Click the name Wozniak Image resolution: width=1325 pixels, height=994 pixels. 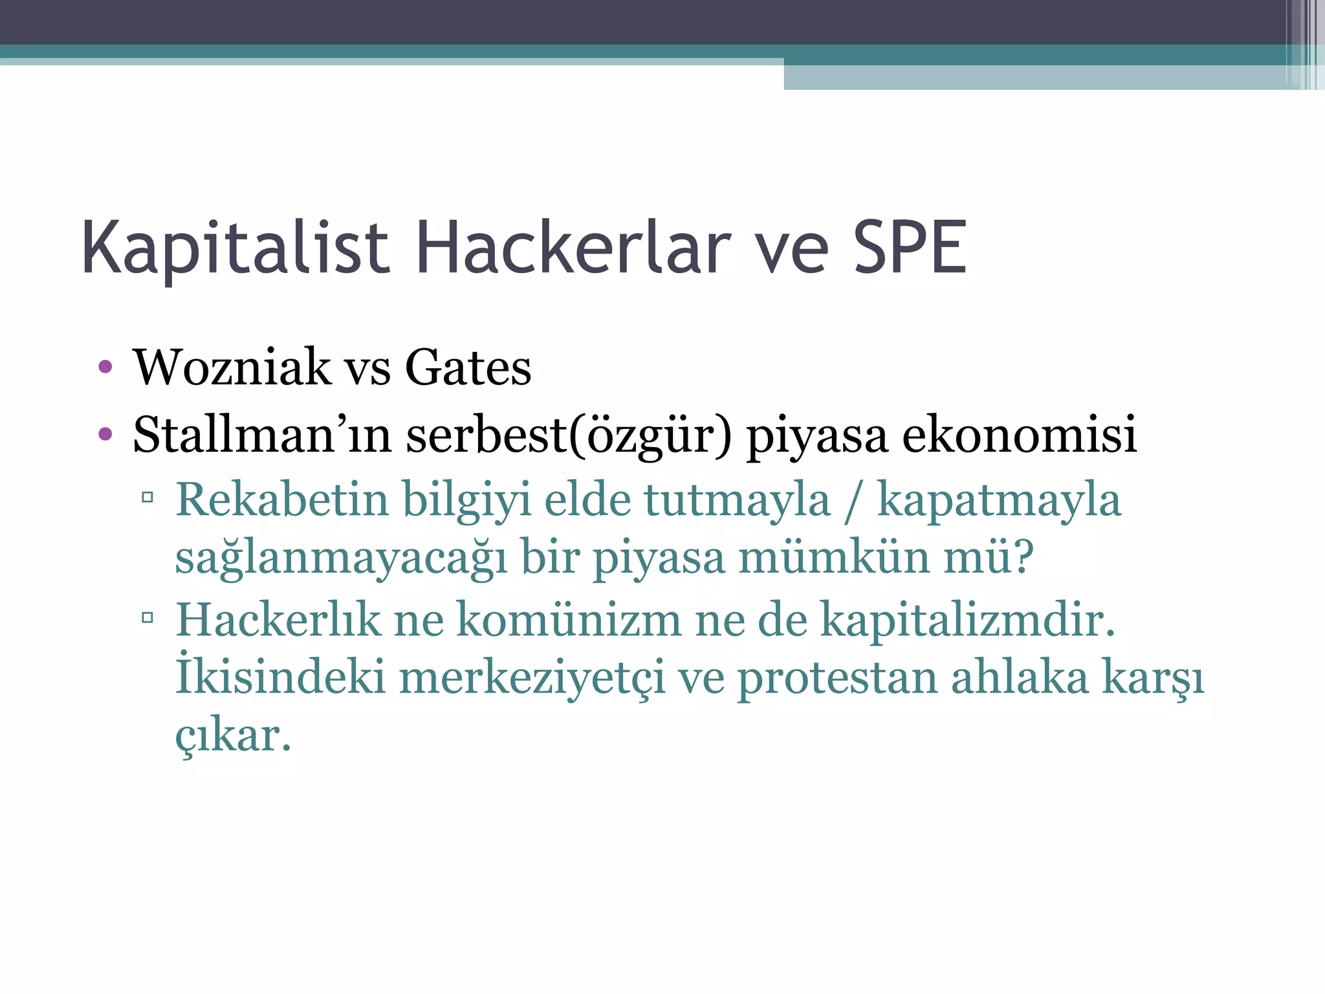click(231, 368)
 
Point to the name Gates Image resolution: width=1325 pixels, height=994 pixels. click(468, 368)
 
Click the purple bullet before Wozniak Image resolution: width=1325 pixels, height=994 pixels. click(105, 368)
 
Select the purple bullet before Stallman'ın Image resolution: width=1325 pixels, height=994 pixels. click(105, 434)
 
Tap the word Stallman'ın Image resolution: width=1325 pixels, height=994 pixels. click(262, 435)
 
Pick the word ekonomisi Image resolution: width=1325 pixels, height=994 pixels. click(1019, 435)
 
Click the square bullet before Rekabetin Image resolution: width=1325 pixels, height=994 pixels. click(148, 498)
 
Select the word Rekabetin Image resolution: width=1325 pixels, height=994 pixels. click(282, 500)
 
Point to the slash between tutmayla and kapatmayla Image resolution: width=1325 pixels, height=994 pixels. click(853, 502)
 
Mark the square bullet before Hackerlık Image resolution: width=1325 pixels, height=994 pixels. click(148, 617)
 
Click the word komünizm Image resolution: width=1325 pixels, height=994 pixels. click(569, 620)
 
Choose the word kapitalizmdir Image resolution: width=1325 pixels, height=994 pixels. click(968, 620)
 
